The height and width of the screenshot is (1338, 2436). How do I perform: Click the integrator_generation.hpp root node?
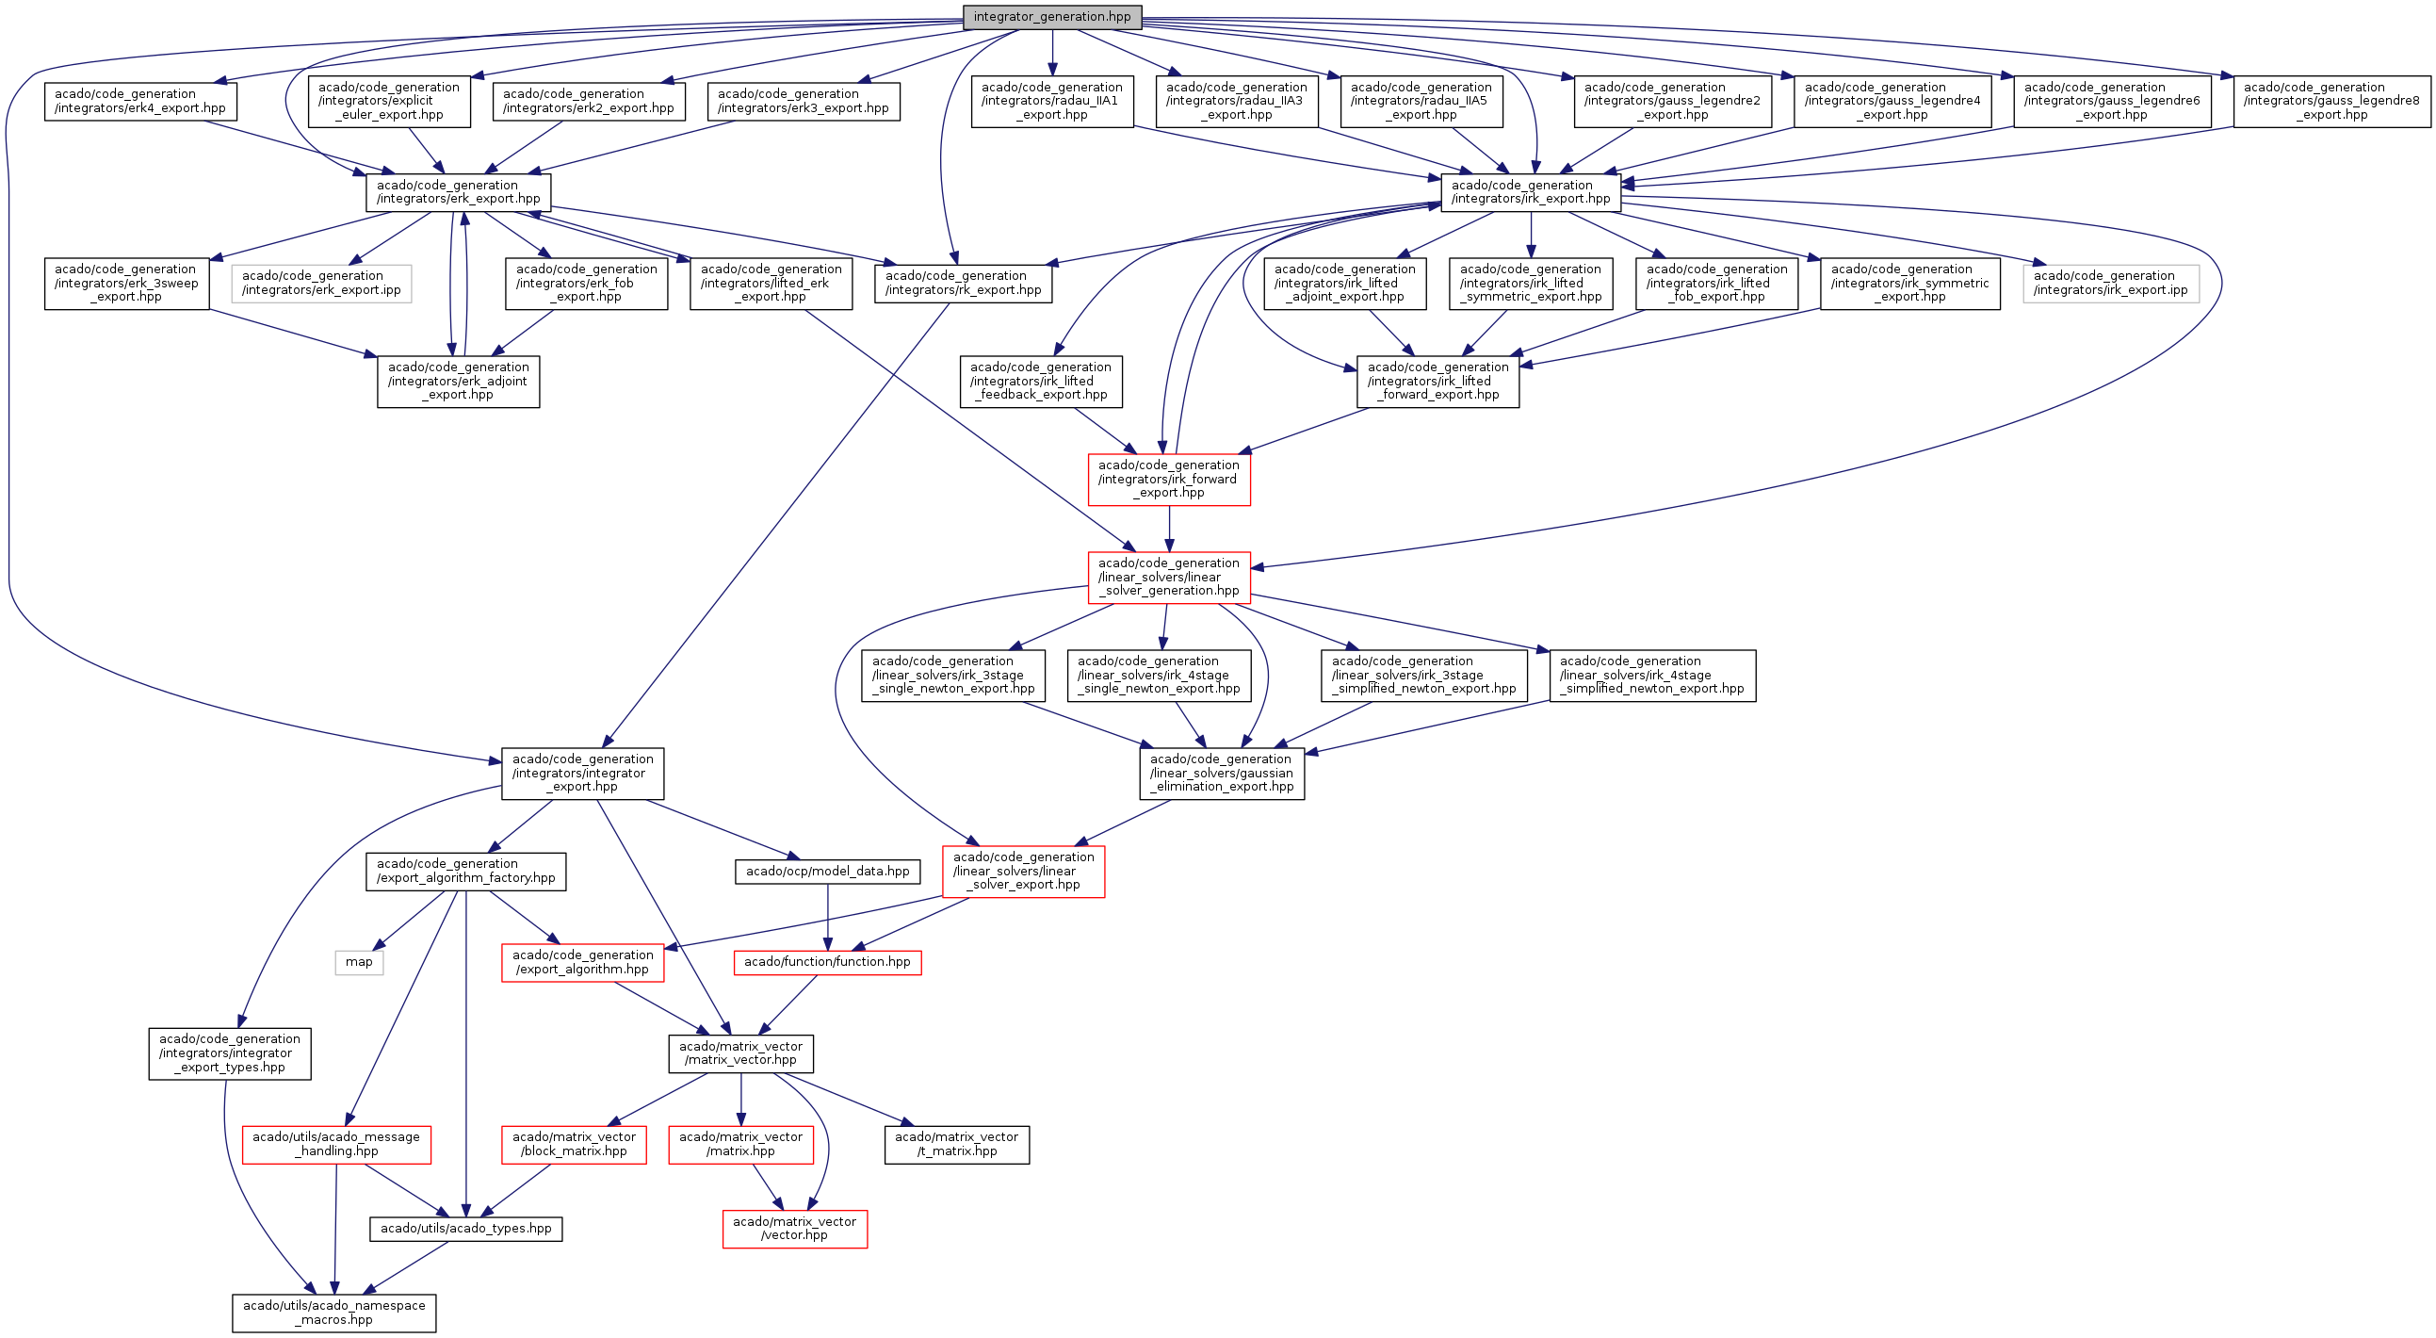click(x=1051, y=17)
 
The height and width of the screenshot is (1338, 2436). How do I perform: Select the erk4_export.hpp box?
click(x=140, y=101)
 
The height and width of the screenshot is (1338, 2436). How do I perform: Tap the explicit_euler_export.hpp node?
click(x=389, y=101)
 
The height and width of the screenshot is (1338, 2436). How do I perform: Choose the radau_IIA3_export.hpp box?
click(x=1236, y=101)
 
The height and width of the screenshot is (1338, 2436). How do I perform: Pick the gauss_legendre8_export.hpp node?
click(x=2332, y=101)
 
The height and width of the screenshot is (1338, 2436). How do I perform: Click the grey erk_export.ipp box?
click(x=321, y=283)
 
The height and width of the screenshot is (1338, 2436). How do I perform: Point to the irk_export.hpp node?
click(x=1530, y=192)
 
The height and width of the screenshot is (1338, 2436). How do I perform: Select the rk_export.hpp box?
click(x=963, y=283)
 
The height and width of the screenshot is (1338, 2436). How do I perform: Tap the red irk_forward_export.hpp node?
click(x=1169, y=480)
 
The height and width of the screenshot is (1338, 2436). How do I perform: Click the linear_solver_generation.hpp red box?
click(x=1169, y=577)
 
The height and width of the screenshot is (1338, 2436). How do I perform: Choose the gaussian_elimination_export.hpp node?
click(x=1222, y=774)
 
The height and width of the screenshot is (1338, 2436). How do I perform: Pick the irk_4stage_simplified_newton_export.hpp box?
click(x=1651, y=676)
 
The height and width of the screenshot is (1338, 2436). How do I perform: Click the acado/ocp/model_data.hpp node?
click(x=827, y=872)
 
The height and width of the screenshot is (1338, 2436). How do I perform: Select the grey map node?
click(x=359, y=963)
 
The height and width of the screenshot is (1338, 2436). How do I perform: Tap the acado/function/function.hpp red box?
click(x=827, y=963)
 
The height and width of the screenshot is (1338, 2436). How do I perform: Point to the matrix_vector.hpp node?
click(x=740, y=1053)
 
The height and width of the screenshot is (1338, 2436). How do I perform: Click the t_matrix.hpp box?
click(x=956, y=1144)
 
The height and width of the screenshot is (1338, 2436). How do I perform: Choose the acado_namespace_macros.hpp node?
click(x=333, y=1313)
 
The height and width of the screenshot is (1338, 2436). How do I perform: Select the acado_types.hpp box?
click(x=465, y=1229)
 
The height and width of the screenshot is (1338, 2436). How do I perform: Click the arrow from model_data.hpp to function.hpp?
click(x=827, y=917)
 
